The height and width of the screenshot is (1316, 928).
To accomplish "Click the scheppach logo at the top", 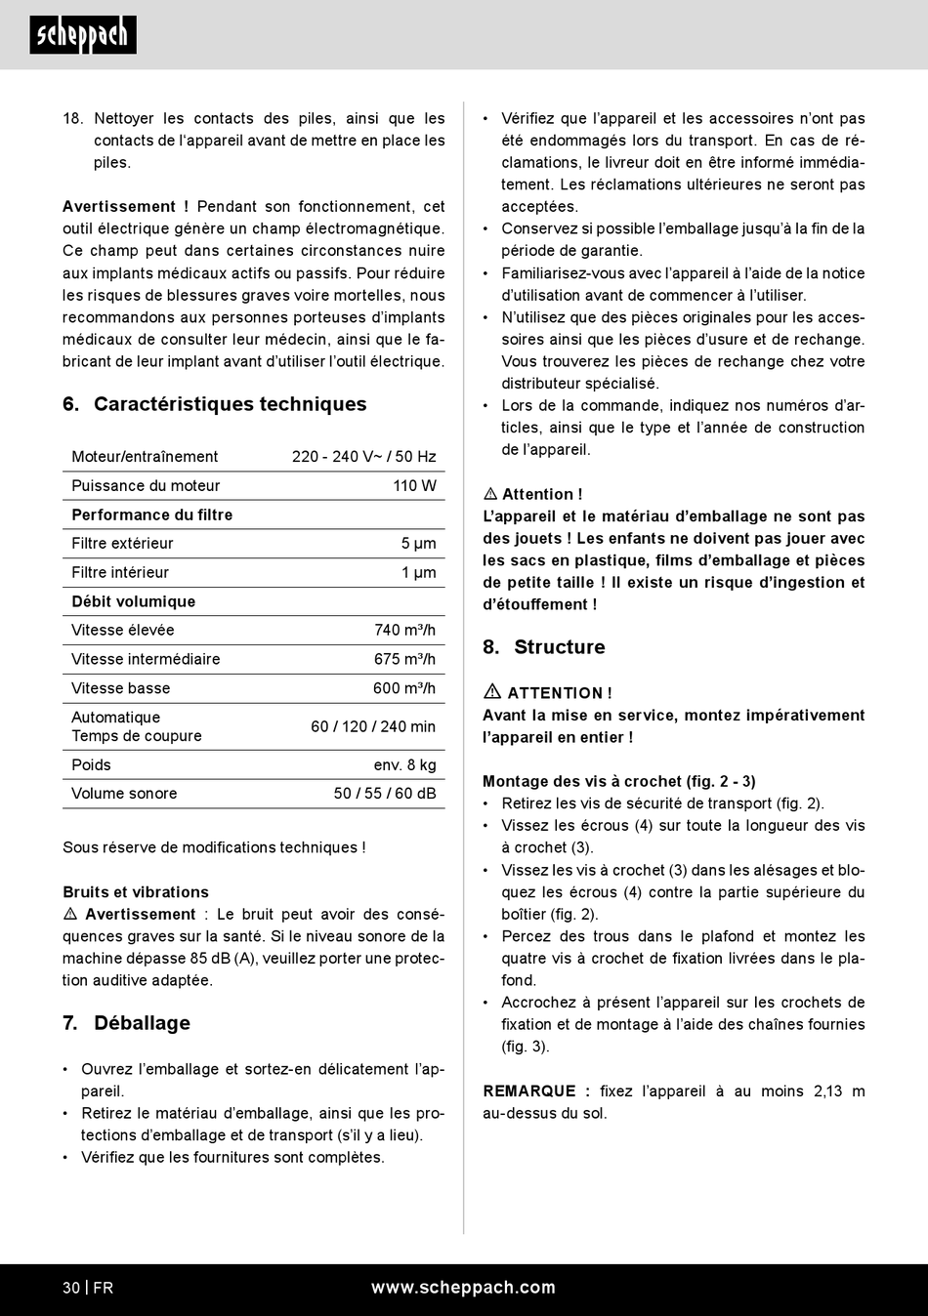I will (x=83, y=35).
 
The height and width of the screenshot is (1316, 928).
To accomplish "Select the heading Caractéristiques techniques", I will (x=230, y=404).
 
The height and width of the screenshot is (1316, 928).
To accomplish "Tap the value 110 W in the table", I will (x=414, y=485).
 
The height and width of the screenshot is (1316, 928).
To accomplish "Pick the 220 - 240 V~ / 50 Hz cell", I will (x=363, y=456).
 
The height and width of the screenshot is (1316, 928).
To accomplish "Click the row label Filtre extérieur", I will (x=122, y=543).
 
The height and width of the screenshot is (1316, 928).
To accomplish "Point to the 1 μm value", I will (x=418, y=572).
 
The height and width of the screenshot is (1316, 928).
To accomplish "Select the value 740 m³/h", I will (x=404, y=630).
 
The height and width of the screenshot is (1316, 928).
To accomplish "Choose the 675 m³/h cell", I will (x=404, y=659).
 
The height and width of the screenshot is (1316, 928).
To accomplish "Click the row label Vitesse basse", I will (x=120, y=688).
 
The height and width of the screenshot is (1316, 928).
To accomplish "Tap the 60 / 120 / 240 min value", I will (x=373, y=726).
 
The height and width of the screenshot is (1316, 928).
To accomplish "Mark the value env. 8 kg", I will (x=404, y=764).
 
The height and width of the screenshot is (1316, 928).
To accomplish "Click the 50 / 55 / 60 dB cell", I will (x=385, y=794).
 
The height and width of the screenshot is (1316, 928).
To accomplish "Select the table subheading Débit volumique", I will (x=133, y=601).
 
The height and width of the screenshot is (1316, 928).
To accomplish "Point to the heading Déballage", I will (x=142, y=1023).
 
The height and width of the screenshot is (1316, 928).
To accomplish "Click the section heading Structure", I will (x=559, y=647).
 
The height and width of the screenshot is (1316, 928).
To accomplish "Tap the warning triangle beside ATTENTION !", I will (x=492, y=691).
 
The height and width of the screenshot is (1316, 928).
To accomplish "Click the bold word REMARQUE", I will (x=528, y=1091).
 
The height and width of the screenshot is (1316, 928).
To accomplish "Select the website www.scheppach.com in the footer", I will (x=463, y=1288).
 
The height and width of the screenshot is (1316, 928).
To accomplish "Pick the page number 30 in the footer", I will (x=71, y=1288).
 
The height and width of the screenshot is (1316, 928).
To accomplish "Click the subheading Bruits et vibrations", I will (x=136, y=892).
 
